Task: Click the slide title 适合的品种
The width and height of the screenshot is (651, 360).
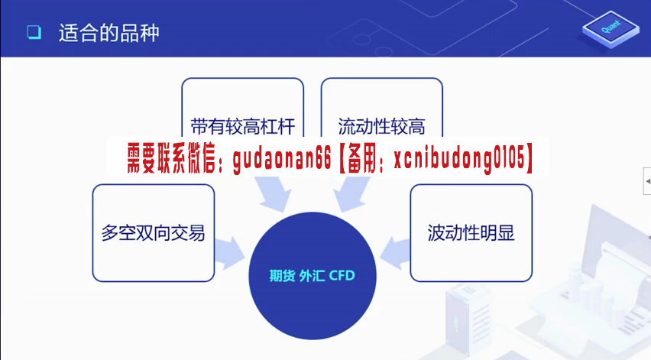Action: (108, 33)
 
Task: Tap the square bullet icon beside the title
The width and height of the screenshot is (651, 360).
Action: (34, 32)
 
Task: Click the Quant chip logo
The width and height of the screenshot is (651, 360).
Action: (611, 28)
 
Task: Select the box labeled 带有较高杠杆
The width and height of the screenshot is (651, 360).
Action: (242, 108)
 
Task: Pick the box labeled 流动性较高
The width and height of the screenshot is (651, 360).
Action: (381, 108)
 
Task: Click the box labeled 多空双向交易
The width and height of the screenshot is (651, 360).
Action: (154, 233)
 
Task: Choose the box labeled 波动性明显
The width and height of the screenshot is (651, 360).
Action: (471, 233)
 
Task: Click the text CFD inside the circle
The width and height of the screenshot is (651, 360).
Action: (342, 275)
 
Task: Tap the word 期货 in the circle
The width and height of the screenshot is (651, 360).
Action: (282, 275)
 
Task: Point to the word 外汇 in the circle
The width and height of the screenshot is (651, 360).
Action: (312, 275)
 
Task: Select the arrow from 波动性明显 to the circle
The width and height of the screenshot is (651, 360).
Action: (395, 253)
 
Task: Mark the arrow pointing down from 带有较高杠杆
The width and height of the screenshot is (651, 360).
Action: (274, 193)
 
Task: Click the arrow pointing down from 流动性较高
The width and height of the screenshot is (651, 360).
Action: (351, 193)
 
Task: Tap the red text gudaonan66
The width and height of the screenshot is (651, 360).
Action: (282, 159)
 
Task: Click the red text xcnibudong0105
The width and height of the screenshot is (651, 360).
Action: (459, 159)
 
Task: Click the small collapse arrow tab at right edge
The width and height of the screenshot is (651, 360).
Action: (647, 181)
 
